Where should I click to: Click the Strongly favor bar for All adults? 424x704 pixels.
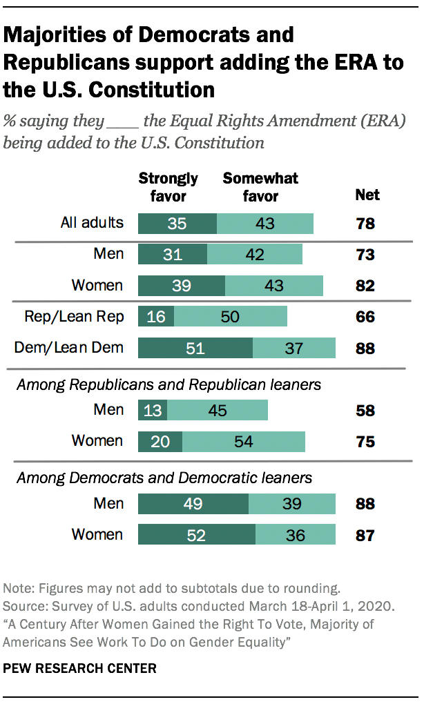(177, 224)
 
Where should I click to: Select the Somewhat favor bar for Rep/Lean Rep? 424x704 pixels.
(231, 317)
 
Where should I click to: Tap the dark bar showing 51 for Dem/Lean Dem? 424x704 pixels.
(195, 348)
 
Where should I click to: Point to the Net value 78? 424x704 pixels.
(365, 224)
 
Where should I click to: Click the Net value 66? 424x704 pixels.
(365, 317)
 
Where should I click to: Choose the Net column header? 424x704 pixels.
(367, 195)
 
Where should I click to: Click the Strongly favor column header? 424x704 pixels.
(168, 187)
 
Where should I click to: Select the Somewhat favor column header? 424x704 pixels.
(260, 187)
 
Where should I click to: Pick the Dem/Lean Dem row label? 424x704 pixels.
(69, 347)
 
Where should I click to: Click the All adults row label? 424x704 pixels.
(91, 222)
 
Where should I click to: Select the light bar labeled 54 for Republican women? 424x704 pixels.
(244, 441)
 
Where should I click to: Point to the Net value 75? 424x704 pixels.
(365, 442)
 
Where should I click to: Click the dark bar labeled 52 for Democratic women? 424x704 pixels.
(197, 535)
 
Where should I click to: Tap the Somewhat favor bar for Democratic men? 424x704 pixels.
(292, 504)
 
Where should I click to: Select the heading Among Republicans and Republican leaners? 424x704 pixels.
(169, 384)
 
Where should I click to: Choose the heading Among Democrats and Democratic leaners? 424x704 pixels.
(164, 478)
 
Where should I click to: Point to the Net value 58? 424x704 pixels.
(365, 411)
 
